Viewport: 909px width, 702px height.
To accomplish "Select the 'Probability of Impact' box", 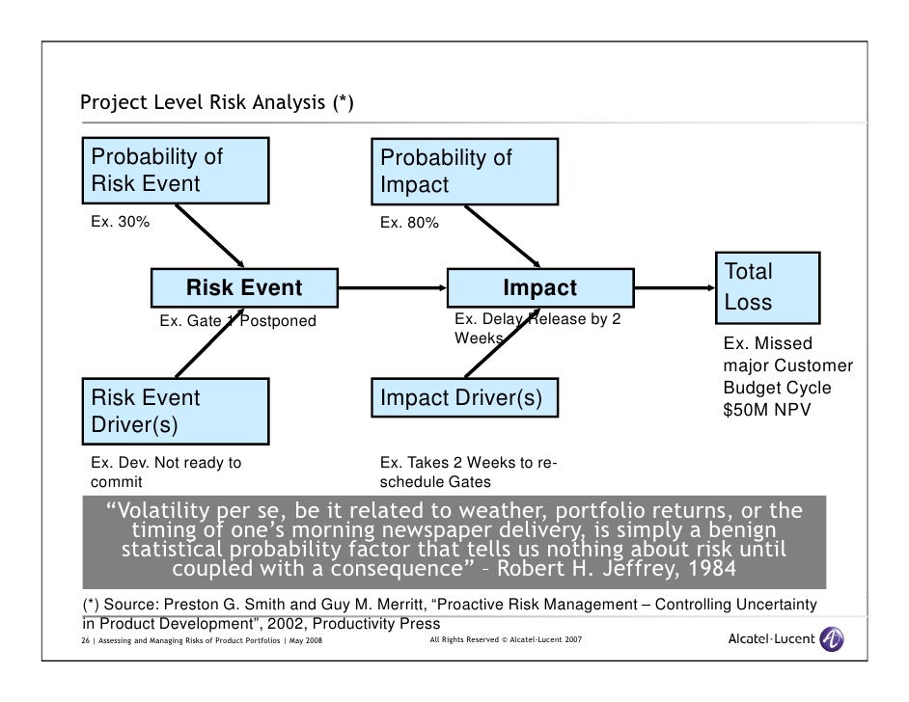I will (x=463, y=172).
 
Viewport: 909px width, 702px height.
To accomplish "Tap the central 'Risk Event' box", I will (x=243, y=287).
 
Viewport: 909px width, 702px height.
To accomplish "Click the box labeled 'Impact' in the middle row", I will (x=539, y=287).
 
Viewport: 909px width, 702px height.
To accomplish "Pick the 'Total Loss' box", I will (x=766, y=287).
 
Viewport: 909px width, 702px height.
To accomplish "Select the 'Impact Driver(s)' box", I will (x=463, y=398).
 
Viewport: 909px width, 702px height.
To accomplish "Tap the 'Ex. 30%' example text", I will (x=121, y=222).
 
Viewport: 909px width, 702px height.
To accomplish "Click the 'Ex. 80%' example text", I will (x=409, y=223).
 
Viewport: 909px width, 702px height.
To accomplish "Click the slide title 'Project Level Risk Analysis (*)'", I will (x=216, y=103).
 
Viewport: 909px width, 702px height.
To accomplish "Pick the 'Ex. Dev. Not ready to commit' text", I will (x=166, y=472).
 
